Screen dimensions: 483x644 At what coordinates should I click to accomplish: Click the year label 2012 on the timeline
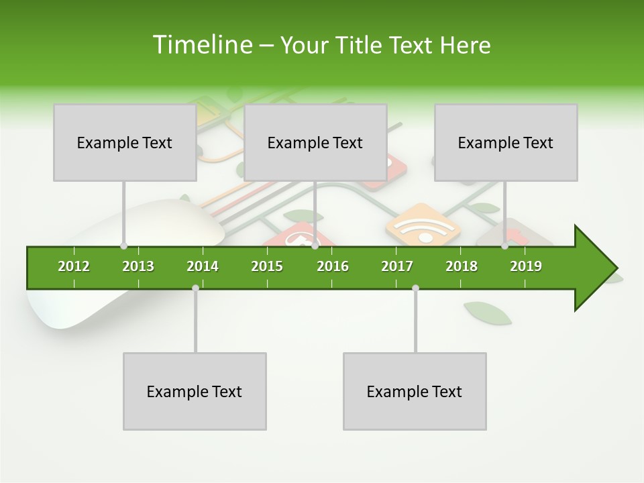(x=74, y=266)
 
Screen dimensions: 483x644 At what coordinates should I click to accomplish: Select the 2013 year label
(x=138, y=266)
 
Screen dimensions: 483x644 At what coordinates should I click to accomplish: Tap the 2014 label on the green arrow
(x=203, y=266)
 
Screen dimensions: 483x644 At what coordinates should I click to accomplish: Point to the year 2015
(x=267, y=266)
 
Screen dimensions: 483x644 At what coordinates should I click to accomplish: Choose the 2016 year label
(x=333, y=266)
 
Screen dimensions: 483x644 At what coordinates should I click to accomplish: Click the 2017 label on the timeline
(x=397, y=266)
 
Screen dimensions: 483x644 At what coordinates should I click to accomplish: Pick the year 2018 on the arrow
(x=462, y=266)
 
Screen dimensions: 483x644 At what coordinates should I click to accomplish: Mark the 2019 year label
(x=526, y=266)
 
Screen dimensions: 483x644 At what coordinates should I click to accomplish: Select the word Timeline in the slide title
(x=201, y=45)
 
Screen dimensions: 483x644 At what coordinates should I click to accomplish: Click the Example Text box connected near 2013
(x=125, y=143)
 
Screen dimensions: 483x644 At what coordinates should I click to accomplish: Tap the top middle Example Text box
(x=315, y=143)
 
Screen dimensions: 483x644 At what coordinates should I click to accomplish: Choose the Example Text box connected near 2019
(x=506, y=143)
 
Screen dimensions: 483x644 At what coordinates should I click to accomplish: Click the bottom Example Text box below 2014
(x=195, y=391)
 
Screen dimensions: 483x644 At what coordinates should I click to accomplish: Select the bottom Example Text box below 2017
(x=415, y=391)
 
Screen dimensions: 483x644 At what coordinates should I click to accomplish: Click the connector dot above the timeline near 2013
(x=123, y=246)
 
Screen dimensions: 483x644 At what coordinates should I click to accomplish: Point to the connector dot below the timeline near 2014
(x=195, y=288)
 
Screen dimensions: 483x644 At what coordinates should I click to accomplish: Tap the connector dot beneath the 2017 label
(x=415, y=288)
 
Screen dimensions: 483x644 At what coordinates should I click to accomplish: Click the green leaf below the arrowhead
(x=488, y=313)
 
